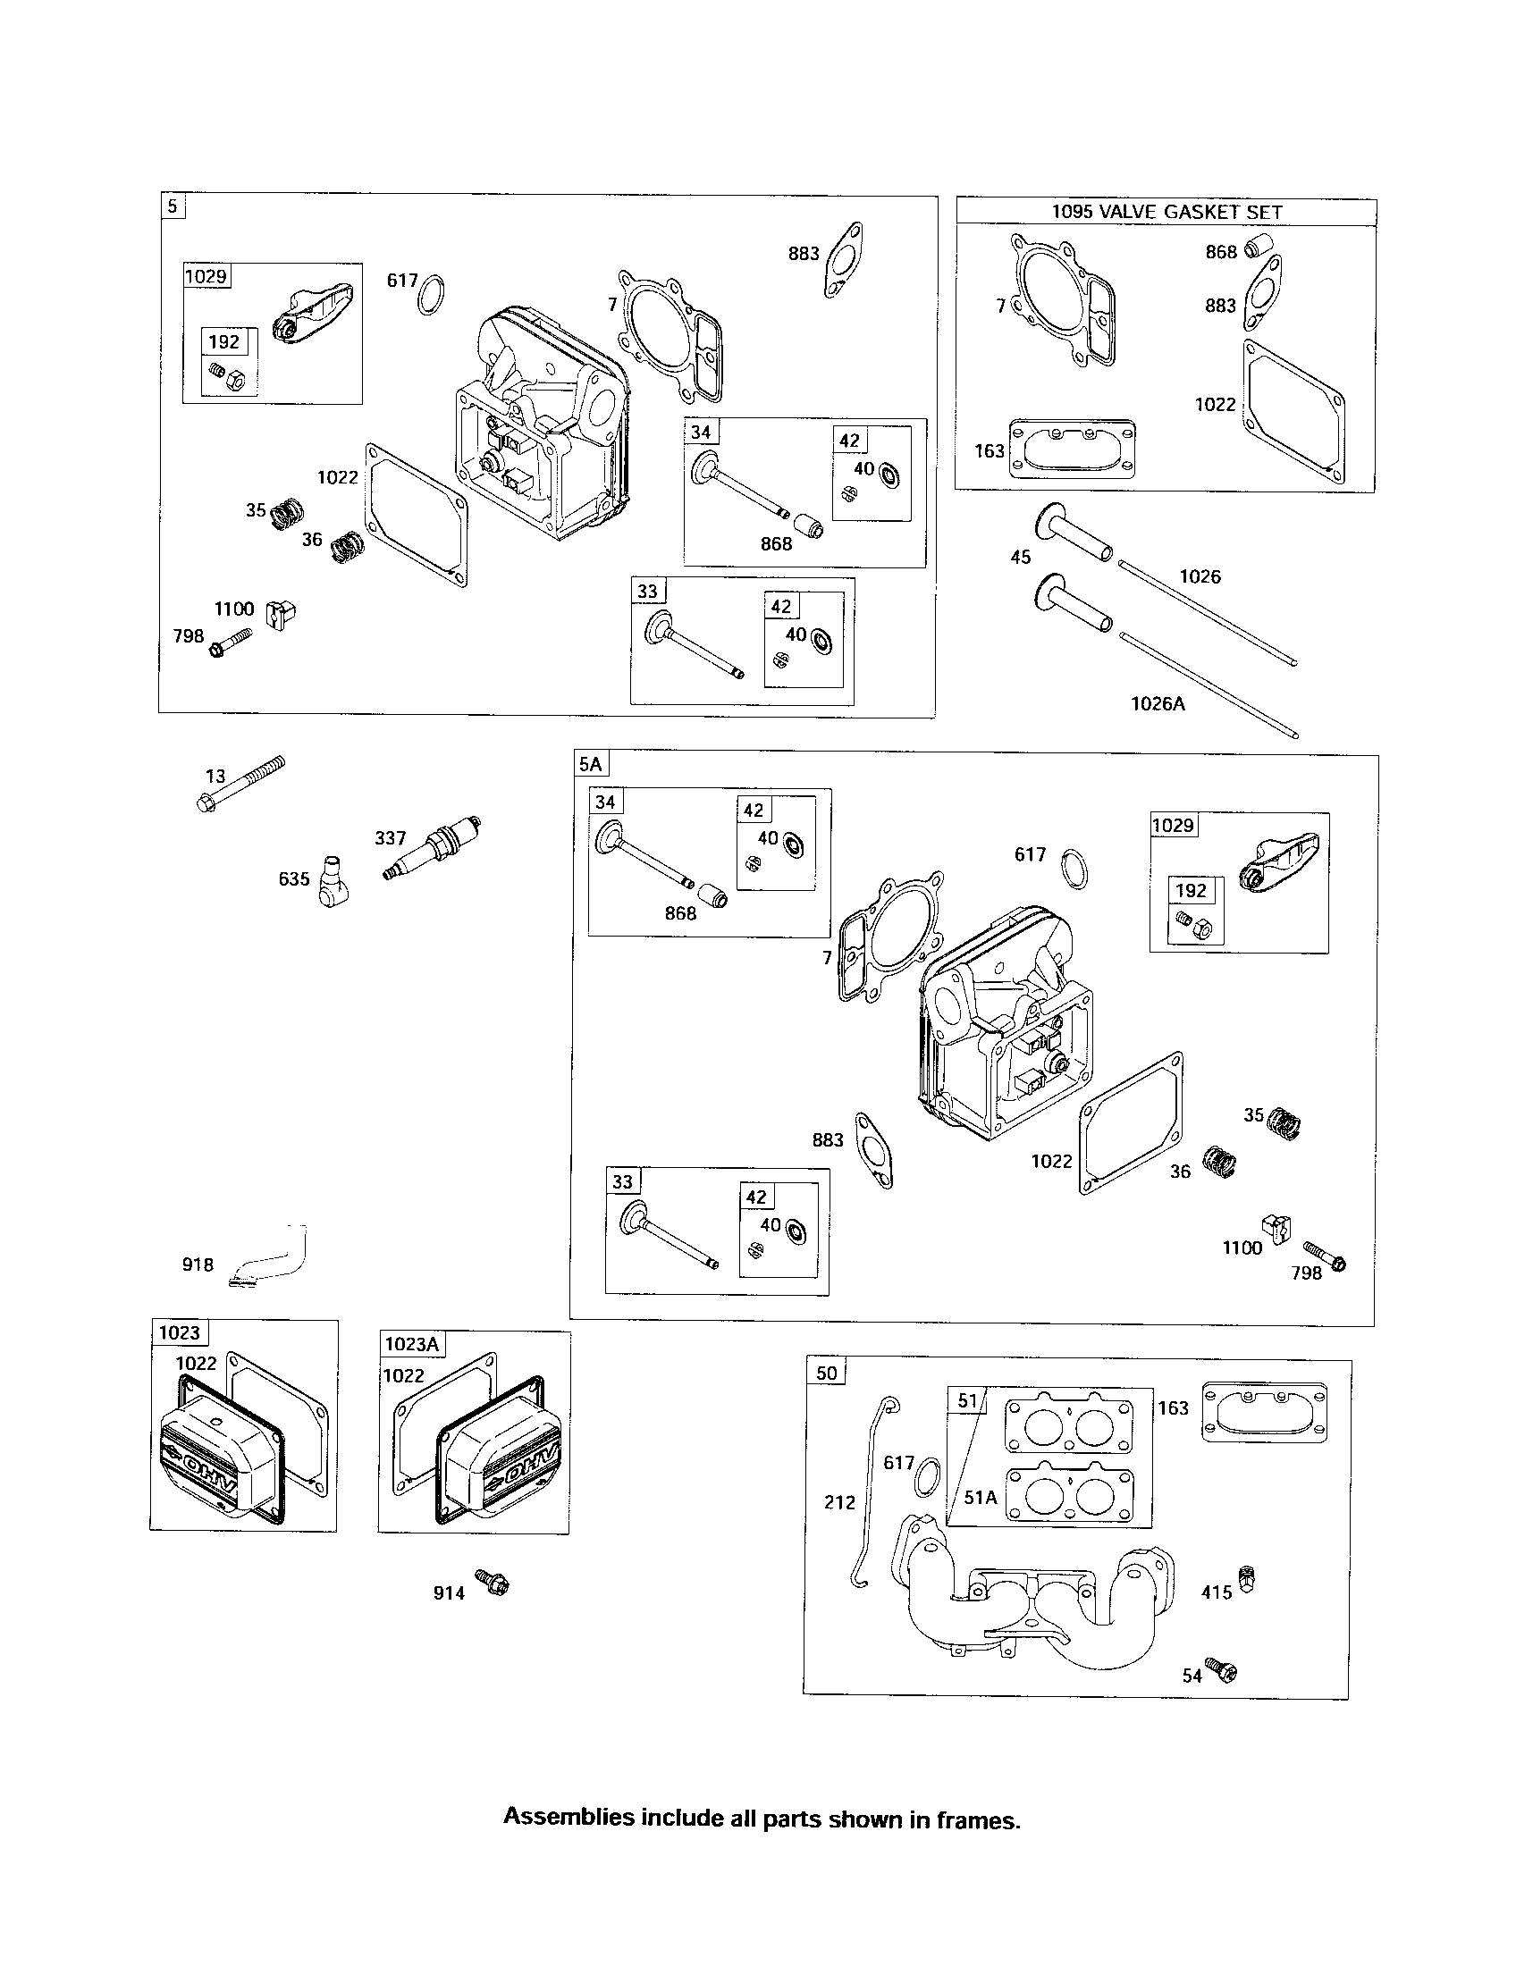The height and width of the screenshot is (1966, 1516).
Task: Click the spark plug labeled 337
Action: click(431, 848)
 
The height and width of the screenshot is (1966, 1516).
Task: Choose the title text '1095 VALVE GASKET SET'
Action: click(1166, 213)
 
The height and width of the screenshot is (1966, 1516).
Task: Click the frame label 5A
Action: click(591, 764)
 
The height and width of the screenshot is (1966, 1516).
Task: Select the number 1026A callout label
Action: click(1158, 703)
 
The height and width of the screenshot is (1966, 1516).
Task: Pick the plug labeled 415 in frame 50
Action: click(1246, 1577)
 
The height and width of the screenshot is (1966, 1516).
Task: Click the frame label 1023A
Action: click(411, 1344)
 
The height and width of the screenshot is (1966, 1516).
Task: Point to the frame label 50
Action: click(826, 1372)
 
